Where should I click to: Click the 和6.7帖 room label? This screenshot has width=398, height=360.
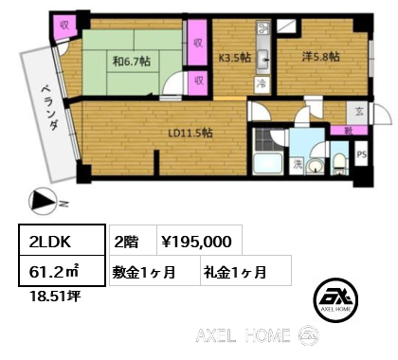pos(132,61)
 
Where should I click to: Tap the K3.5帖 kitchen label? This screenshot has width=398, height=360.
pos(235,58)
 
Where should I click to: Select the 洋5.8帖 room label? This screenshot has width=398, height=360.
pos(320,57)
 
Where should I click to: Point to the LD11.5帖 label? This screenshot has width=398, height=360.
pos(190,134)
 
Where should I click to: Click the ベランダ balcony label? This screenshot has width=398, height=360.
pos(50,108)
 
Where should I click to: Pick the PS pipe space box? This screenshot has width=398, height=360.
pos(361,154)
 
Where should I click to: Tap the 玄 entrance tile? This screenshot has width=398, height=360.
pos(359,112)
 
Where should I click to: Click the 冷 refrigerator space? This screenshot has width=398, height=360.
pos(262,84)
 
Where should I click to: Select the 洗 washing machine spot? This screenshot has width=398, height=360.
pos(298,165)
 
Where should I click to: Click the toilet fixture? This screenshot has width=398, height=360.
pos(339,164)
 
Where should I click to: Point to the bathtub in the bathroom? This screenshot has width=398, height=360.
pos(268,163)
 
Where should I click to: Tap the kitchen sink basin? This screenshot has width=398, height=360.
pos(263,59)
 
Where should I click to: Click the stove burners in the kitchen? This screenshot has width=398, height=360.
pos(263,27)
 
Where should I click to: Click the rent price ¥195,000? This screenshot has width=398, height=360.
pos(196,242)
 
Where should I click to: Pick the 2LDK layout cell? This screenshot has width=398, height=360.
pos(62,240)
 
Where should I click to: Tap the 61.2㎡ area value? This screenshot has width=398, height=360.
pos(62,271)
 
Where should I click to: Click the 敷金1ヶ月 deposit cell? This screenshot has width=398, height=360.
pos(154,271)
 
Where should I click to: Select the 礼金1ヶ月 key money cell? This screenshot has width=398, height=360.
pos(245,271)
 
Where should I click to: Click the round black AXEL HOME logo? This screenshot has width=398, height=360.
pos(335,300)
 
